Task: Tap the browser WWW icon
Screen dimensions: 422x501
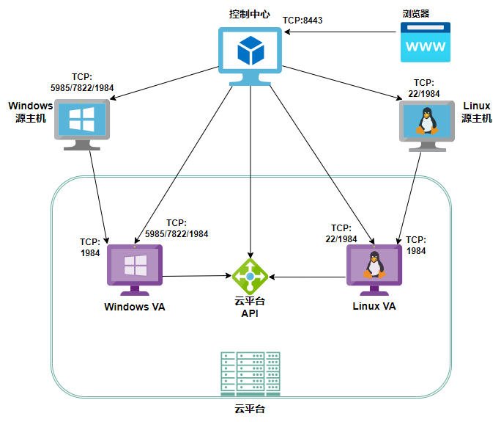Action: coord(425,42)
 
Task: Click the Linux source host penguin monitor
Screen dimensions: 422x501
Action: coord(426,123)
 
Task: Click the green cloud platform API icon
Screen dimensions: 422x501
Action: coord(250,276)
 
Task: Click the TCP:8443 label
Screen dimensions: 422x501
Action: coord(303,21)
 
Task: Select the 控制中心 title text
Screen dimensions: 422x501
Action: coord(250,14)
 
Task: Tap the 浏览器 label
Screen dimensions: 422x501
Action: coord(415,13)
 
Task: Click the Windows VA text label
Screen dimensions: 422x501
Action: coord(135,307)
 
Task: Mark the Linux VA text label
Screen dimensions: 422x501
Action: coord(374,306)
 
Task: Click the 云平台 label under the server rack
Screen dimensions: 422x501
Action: coord(250,408)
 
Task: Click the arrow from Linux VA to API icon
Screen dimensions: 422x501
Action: coord(308,277)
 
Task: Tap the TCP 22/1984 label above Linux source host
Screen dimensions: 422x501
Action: coord(426,88)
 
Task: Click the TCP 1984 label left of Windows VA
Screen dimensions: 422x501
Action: coord(90,247)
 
